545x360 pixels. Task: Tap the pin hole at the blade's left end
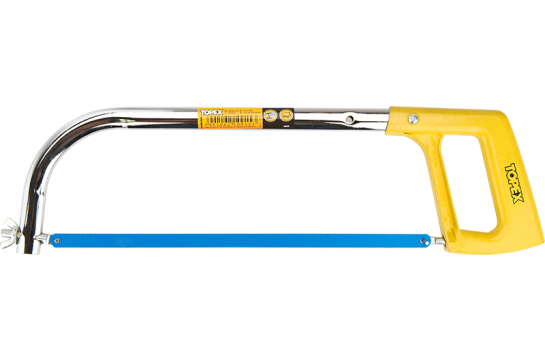58,240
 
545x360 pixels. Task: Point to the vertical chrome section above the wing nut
39,195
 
